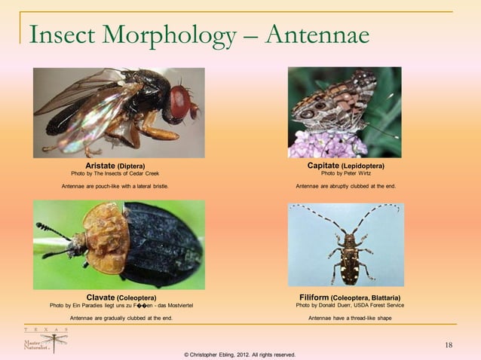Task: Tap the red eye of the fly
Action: click(180, 102)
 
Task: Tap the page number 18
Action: click(449, 345)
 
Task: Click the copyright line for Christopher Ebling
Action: click(240, 354)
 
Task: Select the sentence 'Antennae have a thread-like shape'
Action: click(350, 318)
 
